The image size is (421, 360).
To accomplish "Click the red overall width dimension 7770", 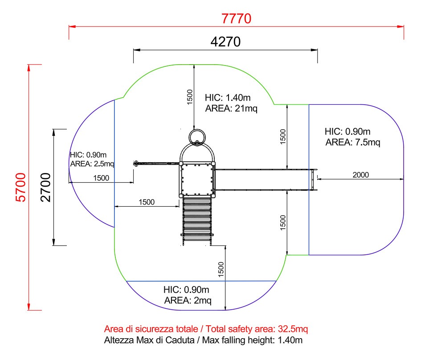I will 237,19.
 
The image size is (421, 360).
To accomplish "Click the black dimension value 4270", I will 225,42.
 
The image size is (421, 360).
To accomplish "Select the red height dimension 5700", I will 21,187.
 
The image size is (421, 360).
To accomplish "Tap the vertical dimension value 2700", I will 46,187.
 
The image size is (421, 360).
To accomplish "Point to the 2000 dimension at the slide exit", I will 360,175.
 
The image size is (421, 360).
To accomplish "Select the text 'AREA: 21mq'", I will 231,108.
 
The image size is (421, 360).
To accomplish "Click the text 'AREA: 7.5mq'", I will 353,143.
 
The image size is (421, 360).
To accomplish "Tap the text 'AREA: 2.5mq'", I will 92,164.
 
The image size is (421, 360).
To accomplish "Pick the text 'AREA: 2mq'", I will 188,300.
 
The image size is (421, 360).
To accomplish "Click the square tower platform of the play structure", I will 196,179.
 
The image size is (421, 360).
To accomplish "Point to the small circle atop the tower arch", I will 196,137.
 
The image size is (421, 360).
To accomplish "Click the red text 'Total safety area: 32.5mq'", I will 206,330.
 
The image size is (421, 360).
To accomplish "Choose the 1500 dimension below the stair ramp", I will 221,269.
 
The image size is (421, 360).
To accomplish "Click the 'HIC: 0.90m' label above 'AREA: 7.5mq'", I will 347,132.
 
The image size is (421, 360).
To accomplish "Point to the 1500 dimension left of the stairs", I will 147,202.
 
